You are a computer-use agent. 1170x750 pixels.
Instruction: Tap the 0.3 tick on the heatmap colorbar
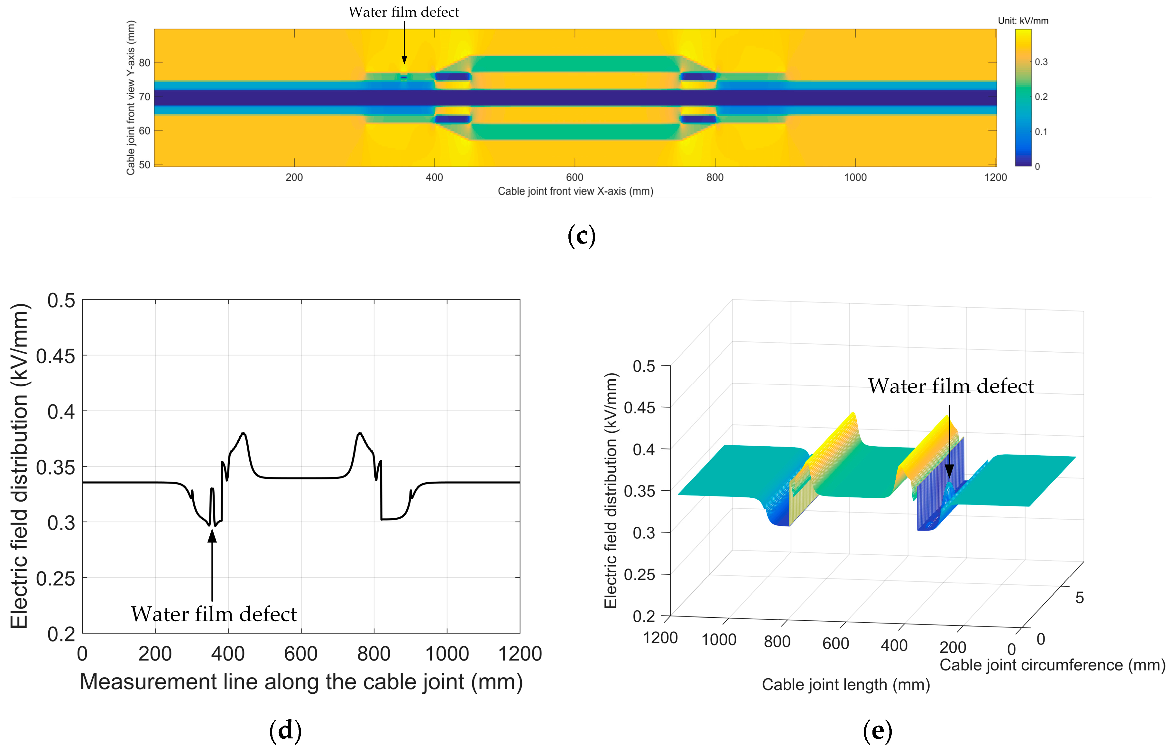[x=1041, y=62]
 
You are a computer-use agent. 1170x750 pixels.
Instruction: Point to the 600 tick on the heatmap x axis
[x=575, y=177]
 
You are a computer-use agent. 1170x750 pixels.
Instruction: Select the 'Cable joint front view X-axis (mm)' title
[x=575, y=191]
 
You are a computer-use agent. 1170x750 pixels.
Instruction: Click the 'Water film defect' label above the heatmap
[x=404, y=12]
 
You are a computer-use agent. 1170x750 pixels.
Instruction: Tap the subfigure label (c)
[x=581, y=236]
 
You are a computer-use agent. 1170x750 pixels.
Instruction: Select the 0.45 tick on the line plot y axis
[x=56, y=356]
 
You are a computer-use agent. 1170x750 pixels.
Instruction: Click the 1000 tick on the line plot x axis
[x=447, y=653]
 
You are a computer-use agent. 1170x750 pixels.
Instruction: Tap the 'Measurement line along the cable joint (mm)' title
[x=301, y=682]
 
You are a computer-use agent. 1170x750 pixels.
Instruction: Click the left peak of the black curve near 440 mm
[x=244, y=433]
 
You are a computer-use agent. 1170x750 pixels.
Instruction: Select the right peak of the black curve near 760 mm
[x=360, y=433]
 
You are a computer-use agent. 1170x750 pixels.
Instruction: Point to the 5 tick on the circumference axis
[x=1079, y=597]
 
